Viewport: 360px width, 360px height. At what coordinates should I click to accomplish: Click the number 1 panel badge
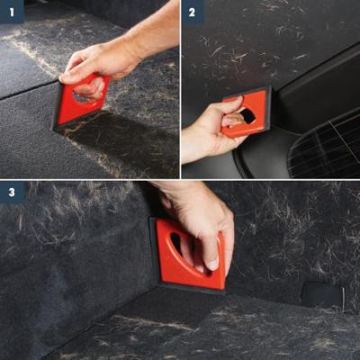(x=12, y=12)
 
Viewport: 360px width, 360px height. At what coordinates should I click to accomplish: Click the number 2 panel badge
(x=193, y=12)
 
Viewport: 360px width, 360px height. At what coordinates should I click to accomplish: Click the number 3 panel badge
(x=12, y=192)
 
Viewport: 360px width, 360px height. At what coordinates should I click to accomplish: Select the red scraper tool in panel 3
(x=189, y=255)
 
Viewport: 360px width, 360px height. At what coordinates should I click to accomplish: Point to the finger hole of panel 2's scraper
(x=246, y=116)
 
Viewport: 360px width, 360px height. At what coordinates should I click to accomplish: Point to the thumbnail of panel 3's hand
(x=212, y=264)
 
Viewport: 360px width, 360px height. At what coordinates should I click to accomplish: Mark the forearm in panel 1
(x=153, y=33)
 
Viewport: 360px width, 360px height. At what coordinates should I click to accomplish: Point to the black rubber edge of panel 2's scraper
(x=268, y=109)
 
